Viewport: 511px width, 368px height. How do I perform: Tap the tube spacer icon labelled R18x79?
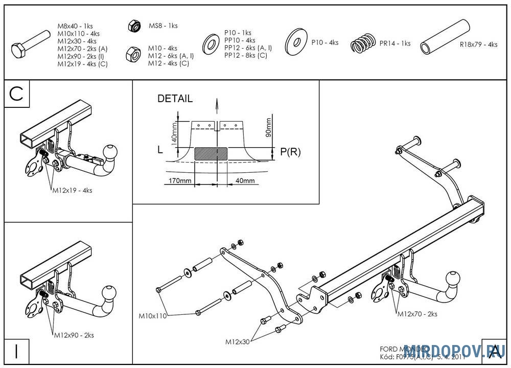click(444, 36)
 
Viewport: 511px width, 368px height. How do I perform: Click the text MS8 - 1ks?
click(163, 26)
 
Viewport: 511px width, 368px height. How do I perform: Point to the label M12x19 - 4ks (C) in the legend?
click(82, 64)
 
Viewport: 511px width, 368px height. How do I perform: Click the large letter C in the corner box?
click(17, 94)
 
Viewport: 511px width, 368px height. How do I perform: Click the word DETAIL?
click(175, 99)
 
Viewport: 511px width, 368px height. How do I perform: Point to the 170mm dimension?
click(179, 181)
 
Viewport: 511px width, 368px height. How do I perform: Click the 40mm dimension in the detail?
click(245, 181)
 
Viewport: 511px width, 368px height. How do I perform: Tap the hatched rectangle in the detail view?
click(211, 154)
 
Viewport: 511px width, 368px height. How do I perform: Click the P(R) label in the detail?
click(290, 152)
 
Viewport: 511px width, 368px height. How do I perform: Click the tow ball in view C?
click(110, 152)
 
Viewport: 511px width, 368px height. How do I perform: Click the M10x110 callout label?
click(153, 316)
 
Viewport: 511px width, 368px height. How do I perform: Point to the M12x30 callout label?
click(238, 341)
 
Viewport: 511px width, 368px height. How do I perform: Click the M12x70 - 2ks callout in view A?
click(417, 314)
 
